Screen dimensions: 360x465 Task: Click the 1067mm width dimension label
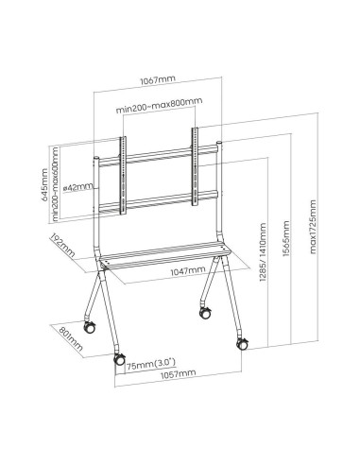(158, 80)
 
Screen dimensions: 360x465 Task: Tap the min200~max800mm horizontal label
(159, 106)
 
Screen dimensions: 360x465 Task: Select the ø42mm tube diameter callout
(78, 187)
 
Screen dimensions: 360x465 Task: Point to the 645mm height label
(44, 185)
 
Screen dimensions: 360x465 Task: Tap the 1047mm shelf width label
(188, 270)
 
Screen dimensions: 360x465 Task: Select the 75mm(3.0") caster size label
(151, 364)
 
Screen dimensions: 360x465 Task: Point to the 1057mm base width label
(178, 374)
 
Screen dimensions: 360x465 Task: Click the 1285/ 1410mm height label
(263, 251)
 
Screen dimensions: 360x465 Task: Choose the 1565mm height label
(285, 238)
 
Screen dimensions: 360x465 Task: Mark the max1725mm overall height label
(313, 226)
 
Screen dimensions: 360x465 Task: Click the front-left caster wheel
(119, 359)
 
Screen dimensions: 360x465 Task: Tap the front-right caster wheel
(243, 344)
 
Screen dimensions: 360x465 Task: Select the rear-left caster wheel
(89, 327)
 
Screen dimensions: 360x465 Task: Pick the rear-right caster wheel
(206, 312)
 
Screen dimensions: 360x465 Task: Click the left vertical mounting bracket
(123, 176)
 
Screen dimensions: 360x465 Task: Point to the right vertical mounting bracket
(196, 166)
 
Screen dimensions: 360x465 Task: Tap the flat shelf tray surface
(164, 254)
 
